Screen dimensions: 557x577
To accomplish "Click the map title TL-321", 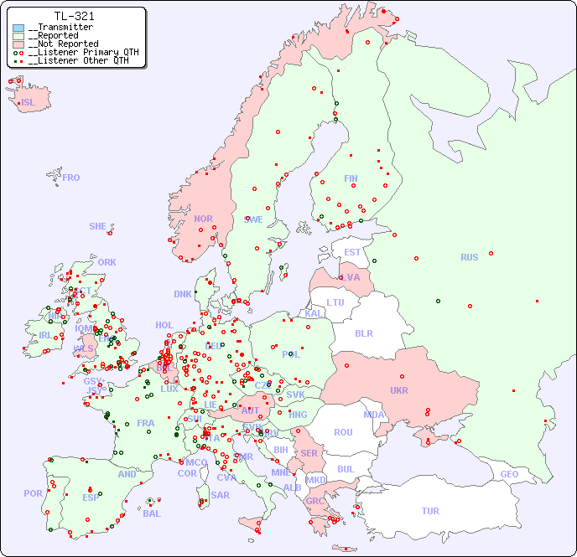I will point(74,16).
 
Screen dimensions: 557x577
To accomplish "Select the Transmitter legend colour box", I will point(18,28).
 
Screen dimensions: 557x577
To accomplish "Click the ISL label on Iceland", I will point(28,103).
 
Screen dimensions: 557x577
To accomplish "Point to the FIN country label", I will point(351,178).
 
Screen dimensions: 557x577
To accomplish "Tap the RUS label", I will point(469,257).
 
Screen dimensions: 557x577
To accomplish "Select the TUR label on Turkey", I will point(430,511).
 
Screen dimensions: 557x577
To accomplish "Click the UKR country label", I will point(399,390).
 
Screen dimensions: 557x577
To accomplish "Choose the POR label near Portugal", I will point(33,493).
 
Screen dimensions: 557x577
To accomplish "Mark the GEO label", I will point(509,474).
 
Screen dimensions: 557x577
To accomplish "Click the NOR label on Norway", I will point(203,219).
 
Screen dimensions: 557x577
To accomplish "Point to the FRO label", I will point(71,178).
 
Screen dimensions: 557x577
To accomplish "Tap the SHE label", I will point(98,226).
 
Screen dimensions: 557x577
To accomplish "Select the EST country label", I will point(352,252).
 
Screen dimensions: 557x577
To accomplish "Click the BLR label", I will point(363,333).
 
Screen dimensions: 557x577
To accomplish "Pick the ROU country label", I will point(343,432).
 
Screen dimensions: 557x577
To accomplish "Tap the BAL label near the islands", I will point(151,513).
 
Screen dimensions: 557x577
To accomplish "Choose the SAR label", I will point(221,495).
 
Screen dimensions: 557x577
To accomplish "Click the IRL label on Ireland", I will point(45,335).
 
